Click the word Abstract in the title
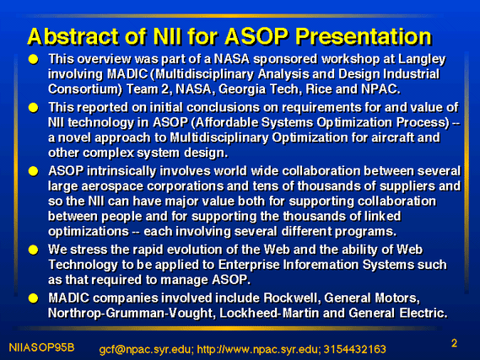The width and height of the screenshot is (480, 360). coord(73,37)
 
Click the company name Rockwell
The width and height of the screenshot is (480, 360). coord(292,298)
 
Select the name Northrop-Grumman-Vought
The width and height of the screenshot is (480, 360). coord(132,314)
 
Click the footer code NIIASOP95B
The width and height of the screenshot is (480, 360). coord(41,347)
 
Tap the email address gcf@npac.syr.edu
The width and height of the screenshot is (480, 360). coord(146,350)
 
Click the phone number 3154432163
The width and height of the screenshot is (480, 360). coord(354,349)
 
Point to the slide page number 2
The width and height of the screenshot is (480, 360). coord(455,343)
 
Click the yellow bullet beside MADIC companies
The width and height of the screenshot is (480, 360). coord(33,298)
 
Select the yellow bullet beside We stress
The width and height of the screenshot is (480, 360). coord(33,250)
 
